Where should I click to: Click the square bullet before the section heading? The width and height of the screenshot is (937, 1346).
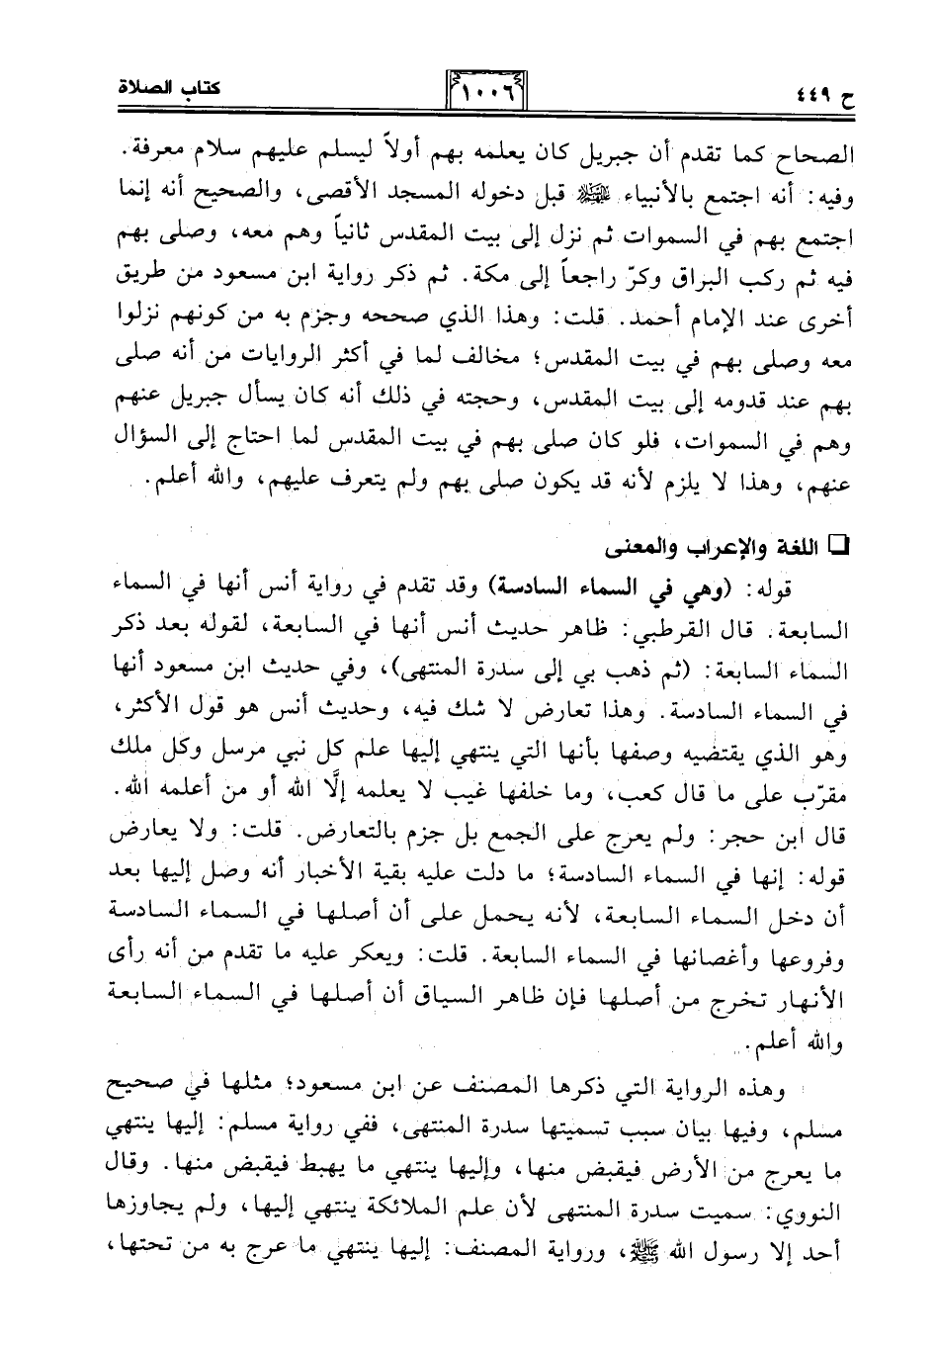pyautogui.click(x=843, y=544)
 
